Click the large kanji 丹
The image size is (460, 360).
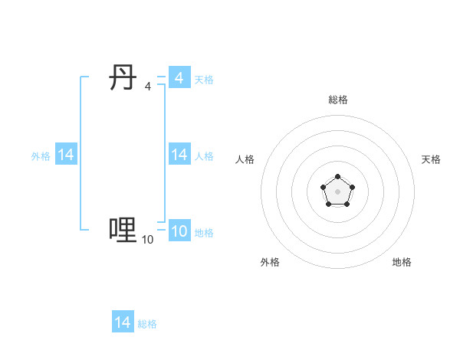[123, 78]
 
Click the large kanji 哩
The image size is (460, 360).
[123, 229]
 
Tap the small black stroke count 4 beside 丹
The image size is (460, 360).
[147, 87]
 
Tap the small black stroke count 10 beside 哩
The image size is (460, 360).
[147, 240]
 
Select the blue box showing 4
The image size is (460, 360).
[179, 78]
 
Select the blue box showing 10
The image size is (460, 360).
[179, 231]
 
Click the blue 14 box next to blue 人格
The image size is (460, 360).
[179, 155]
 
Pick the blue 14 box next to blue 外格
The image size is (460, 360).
[66, 155]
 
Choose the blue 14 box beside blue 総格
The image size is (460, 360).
[123, 322]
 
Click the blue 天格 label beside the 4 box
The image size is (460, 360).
[204, 79]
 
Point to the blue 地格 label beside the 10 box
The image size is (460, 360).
[204, 232]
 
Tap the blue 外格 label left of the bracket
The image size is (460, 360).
[41, 155]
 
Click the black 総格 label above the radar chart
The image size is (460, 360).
[338, 100]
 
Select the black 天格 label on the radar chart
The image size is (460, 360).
[431, 159]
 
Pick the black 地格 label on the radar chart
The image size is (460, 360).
[402, 262]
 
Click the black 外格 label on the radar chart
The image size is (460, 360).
[270, 262]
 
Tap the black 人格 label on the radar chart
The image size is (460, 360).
[245, 159]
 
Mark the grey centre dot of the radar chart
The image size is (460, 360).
[338, 191]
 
